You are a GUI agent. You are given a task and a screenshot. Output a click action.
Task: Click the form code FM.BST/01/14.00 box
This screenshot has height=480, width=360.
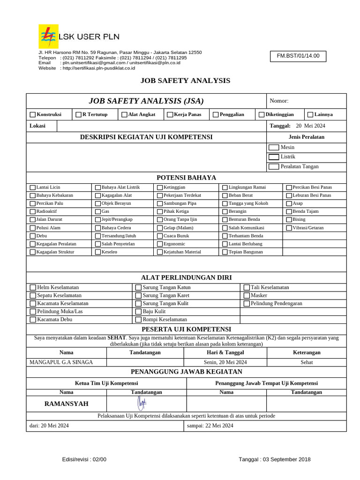[x=298, y=56]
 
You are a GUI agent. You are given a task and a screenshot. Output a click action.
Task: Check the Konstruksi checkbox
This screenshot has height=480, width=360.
[x=32, y=114]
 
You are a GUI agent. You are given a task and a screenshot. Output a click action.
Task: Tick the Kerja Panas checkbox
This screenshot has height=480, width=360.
[x=170, y=114]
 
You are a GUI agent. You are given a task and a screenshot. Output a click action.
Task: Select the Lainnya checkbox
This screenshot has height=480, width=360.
[x=310, y=114]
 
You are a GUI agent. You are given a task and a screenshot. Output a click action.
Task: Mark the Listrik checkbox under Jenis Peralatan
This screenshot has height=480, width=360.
[x=274, y=157]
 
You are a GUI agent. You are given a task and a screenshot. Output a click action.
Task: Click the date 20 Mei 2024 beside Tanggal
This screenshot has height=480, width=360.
[x=310, y=126]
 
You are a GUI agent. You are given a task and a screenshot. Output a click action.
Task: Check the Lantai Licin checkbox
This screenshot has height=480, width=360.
[x=32, y=187]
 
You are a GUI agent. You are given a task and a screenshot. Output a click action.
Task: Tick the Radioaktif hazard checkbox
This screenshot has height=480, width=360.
[x=32, y=211]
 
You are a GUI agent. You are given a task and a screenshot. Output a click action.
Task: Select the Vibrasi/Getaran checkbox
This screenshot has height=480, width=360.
[x=289, y=228]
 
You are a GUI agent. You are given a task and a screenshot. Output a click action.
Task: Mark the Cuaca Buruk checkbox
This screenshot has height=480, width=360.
[x=160, y=236]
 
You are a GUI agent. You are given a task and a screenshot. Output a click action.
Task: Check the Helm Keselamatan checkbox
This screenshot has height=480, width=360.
[x=33, y=287]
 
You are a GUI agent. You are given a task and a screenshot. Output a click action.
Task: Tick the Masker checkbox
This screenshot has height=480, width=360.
[x=247, y=296]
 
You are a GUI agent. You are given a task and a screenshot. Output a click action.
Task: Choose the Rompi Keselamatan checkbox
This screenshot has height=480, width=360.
[x=138, y=320]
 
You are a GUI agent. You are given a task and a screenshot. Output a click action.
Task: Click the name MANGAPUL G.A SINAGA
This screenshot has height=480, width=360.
[x=61, y=362]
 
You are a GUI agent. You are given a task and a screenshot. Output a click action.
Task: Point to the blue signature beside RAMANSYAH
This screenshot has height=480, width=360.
[x=141, y=403]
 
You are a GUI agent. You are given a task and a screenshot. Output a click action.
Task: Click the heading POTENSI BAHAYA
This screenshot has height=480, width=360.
[x=186, y=178]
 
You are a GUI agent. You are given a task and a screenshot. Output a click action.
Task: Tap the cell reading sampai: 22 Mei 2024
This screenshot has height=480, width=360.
[x=210, y=426]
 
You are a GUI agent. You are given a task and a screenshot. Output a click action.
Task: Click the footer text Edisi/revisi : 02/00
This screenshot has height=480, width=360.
[x=84, y=459]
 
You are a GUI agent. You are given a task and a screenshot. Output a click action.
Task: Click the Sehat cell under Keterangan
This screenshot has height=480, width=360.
[x=307, y=362]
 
